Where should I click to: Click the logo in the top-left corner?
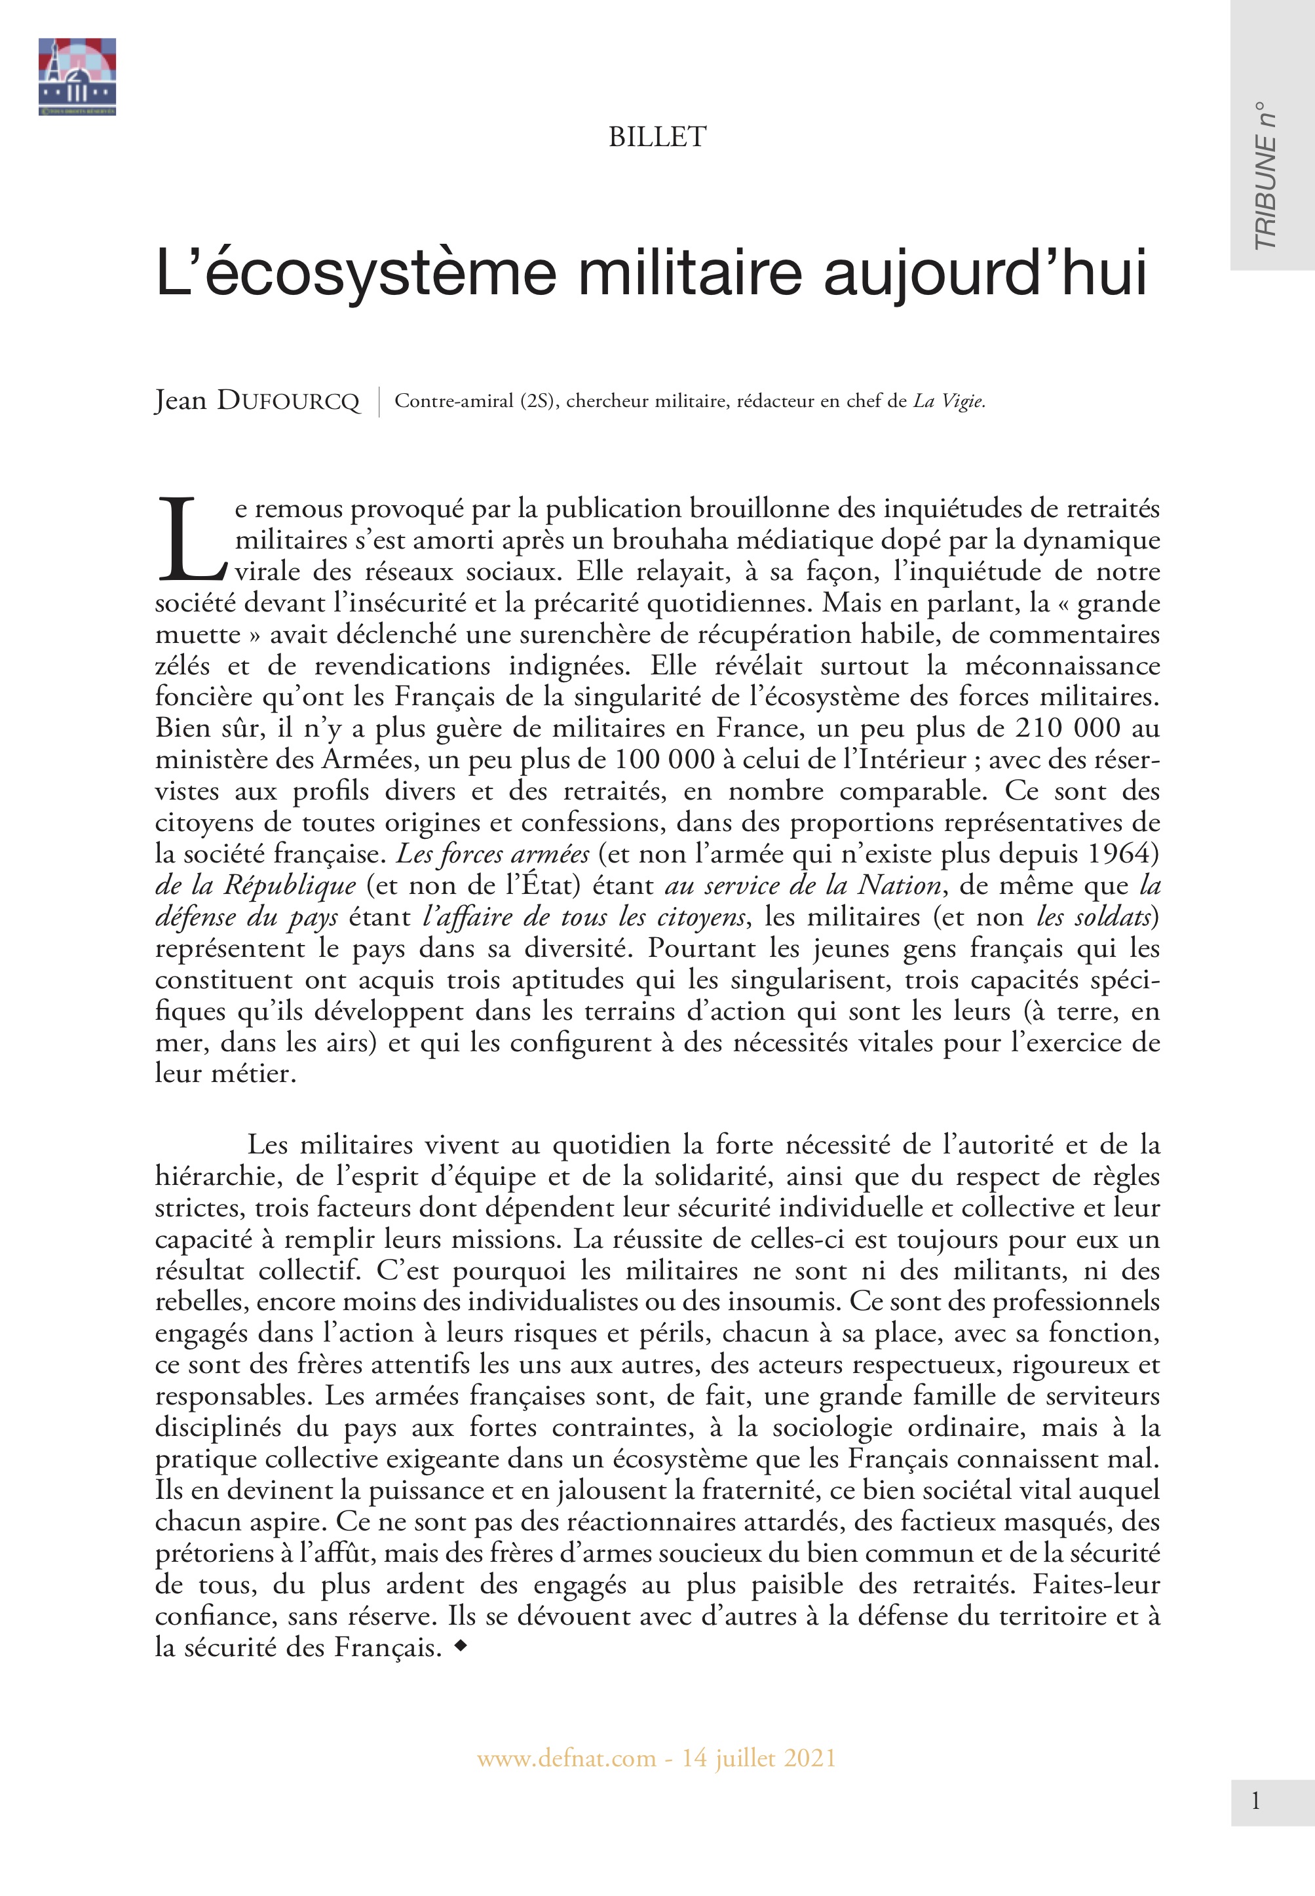click(77, 76)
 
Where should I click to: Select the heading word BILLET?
click(657, 137)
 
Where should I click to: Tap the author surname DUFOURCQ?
click(288, 401)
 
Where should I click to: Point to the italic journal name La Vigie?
click(948, 401)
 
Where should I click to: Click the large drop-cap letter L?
click(189, 538)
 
